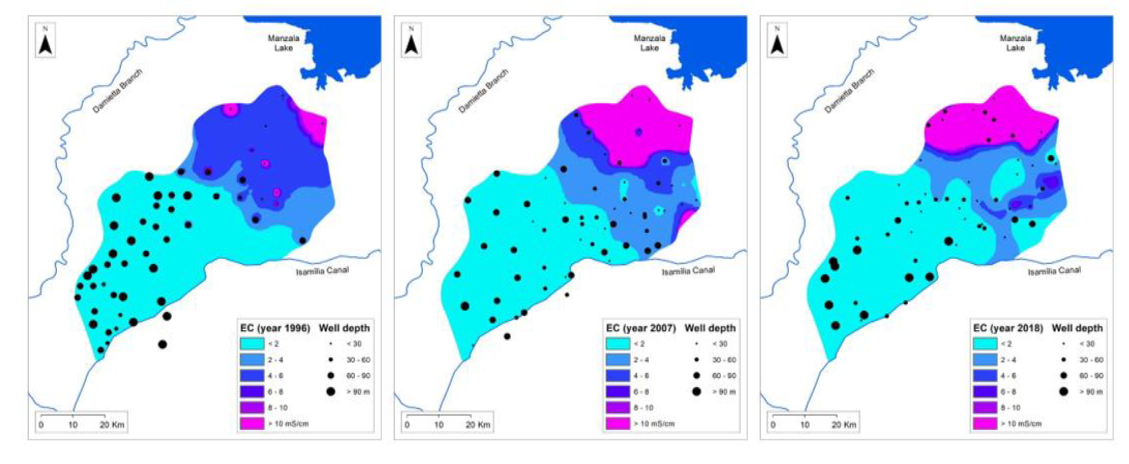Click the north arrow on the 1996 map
click(45, 40)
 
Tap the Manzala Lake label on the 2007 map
click(650, 43)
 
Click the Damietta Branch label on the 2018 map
click(849, 91)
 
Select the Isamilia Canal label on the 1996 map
click(322, 271)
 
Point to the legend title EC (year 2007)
click(641, 328)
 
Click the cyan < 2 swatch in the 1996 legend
click(252, 344)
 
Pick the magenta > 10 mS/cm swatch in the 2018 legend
click(985, 424)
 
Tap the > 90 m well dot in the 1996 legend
click(330, 392)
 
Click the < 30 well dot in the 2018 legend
click(1063, 344)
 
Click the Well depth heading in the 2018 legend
click(1077, 328)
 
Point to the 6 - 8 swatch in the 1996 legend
click(252, 392)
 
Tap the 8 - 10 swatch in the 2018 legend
click(985, 408)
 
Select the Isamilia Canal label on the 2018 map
click(1054, 271)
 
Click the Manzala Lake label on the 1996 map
click(284, 43)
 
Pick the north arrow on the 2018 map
click(777, 40)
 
